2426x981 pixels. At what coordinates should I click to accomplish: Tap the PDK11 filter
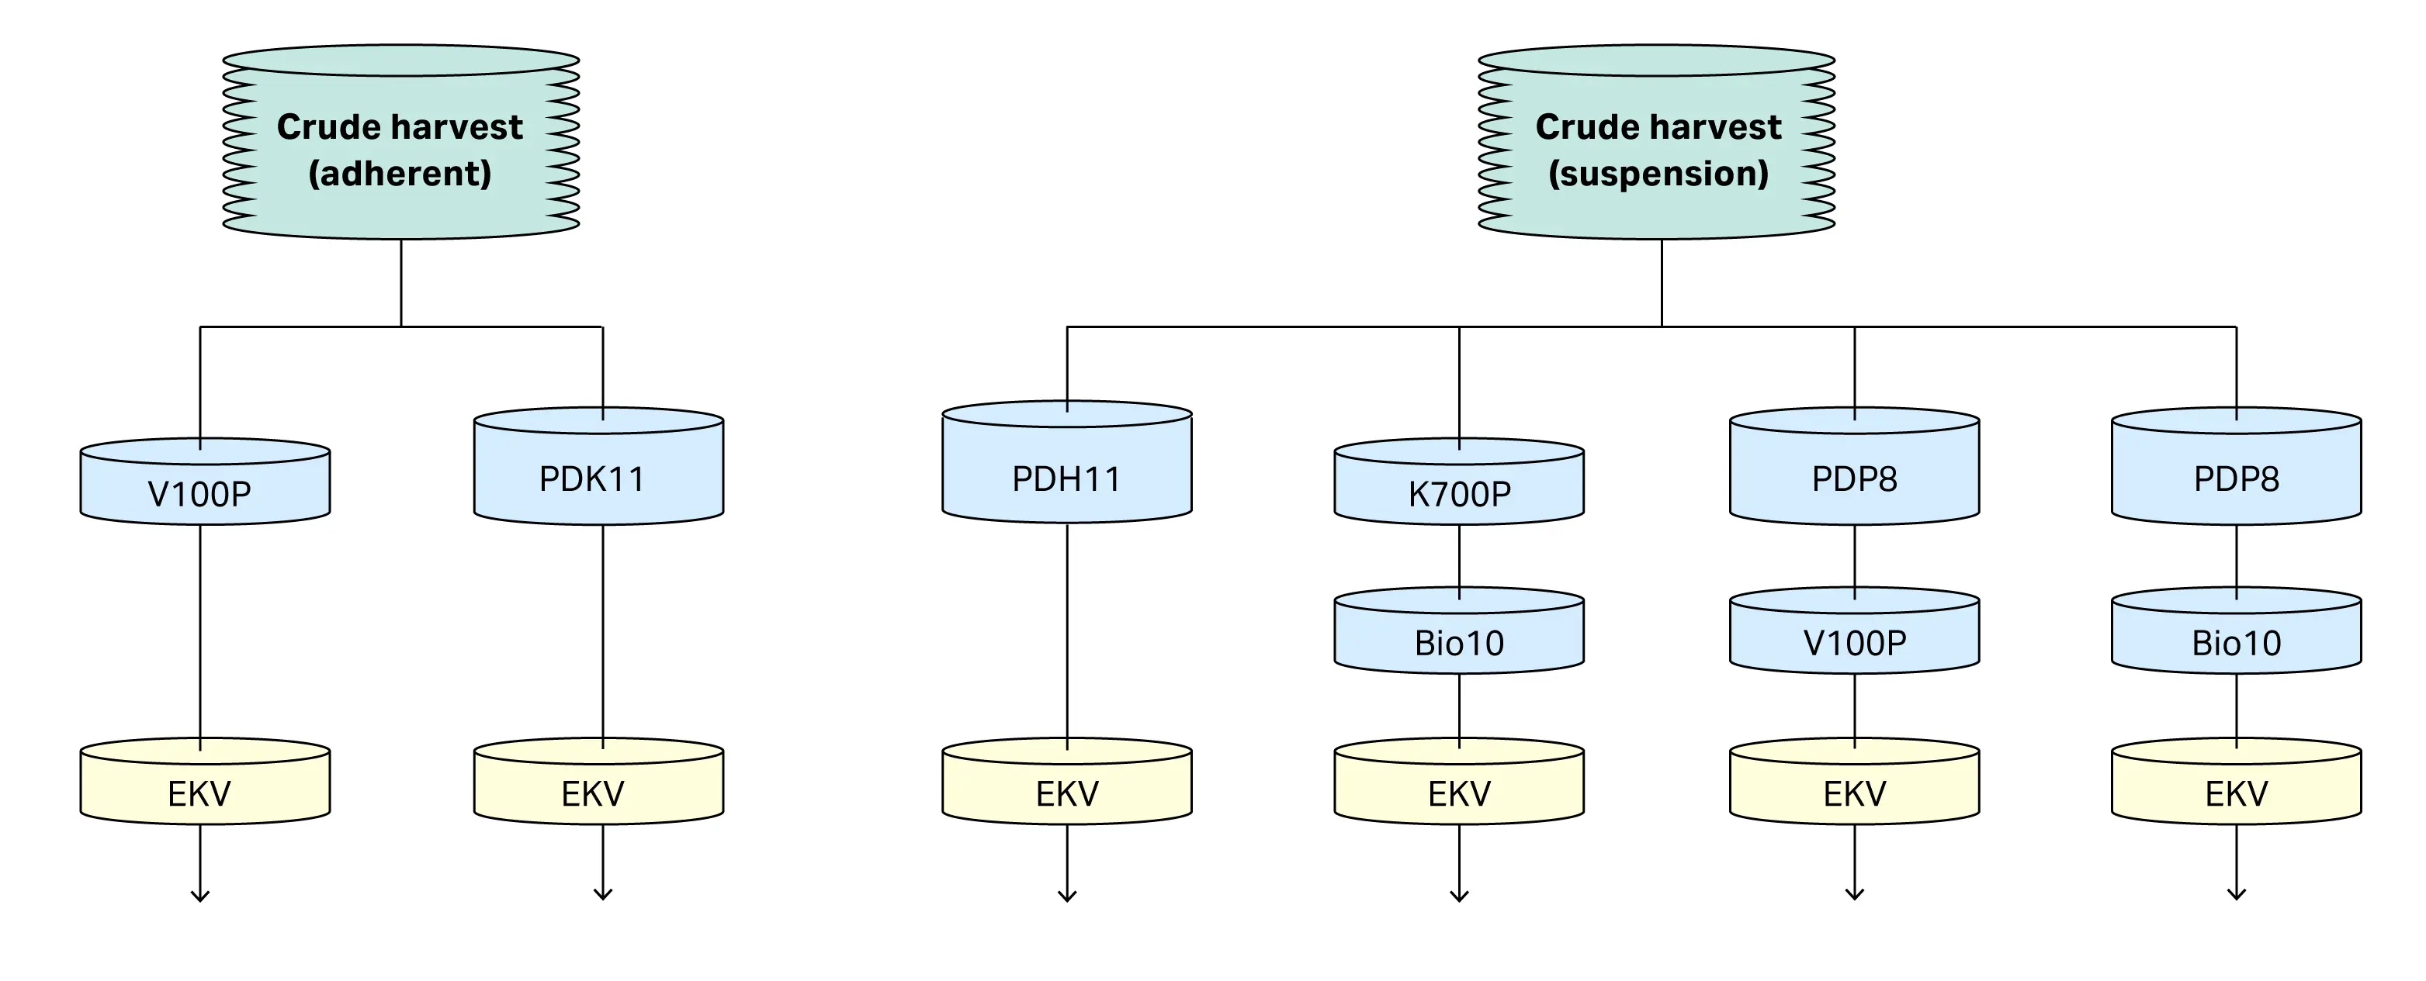pos(599,478)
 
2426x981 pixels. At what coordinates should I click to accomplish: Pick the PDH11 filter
pos(1067,478)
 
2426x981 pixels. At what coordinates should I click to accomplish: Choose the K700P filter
pos(1459,492)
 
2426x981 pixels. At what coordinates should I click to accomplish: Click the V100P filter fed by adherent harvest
pos(204,492)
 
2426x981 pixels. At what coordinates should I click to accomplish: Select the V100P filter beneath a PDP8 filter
pos(1854,642)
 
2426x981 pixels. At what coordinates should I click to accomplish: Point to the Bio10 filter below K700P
pos(1459,642)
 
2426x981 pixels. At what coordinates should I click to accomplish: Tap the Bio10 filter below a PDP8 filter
pos(2236,642)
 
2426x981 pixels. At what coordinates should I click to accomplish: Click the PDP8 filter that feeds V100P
pos(1854,478)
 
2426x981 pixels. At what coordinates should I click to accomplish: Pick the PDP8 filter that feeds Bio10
pos(2236,478)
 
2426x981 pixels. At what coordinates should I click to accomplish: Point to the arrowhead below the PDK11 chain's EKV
pos(603,894)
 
